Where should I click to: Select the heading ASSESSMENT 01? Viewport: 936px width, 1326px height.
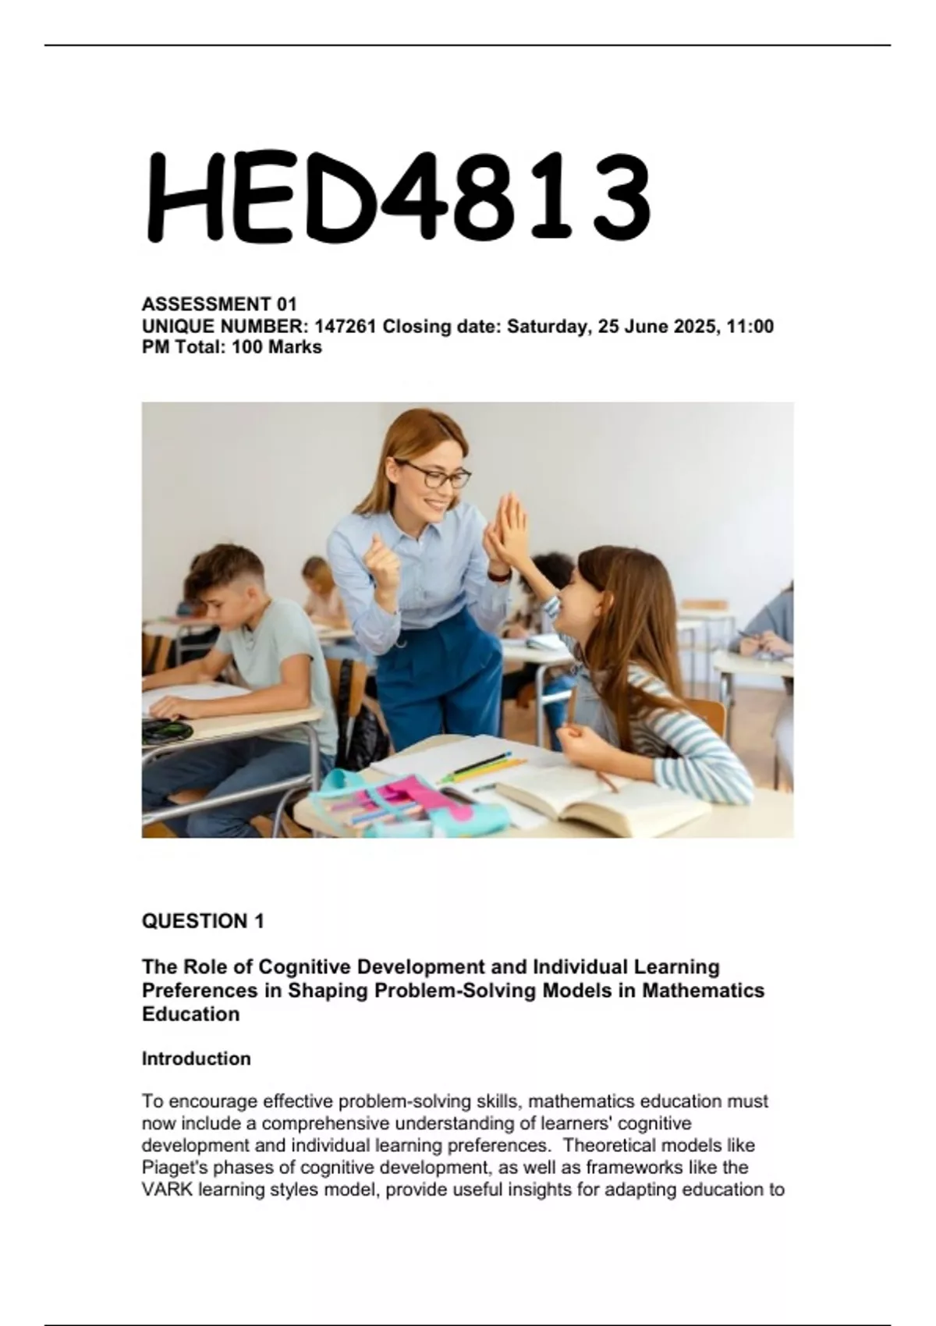pyautogui.click(x=219, y=304)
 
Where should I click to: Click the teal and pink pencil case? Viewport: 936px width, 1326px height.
pyautogui.click(x=406, y=799)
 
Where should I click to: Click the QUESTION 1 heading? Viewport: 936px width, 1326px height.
pyautogui.click(x=203, y=921)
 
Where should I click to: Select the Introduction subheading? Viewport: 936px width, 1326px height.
pyautogui.click(x=197, y=1058)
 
